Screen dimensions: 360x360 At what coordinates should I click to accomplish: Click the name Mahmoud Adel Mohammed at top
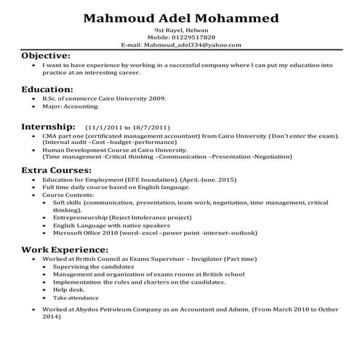(x=180, y=17)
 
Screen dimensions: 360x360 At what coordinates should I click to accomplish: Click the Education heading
(x=47, y=89)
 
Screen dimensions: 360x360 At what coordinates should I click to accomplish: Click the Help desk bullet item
(x=68, y=290)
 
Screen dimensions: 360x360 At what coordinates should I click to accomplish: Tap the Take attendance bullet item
(x=76, y=298)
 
